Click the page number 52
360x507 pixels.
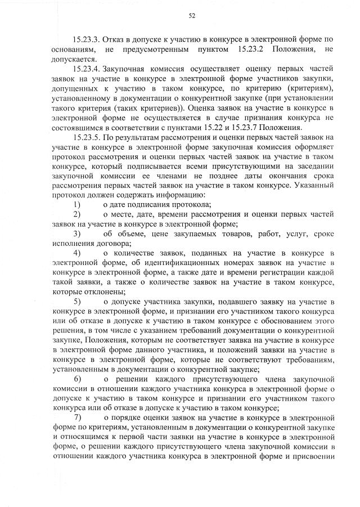[191, 16]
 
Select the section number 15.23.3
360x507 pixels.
[89, 41]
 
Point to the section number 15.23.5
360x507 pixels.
[89, 137]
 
